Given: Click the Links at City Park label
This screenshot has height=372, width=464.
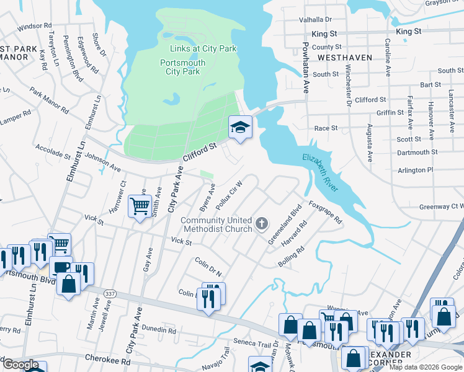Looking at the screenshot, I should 199,49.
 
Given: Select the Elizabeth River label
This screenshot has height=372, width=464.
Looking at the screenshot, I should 320,173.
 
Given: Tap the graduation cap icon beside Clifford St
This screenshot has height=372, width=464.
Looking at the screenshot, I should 241,127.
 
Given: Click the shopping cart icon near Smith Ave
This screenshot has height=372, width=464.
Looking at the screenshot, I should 140,206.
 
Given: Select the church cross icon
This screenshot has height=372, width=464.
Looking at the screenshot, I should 262,224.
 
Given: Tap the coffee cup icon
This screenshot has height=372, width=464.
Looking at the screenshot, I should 61,268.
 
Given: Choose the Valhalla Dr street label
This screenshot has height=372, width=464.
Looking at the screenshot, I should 316,20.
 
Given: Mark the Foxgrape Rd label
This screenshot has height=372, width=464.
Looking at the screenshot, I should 325,211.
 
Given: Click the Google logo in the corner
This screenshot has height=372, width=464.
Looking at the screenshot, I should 21,365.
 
